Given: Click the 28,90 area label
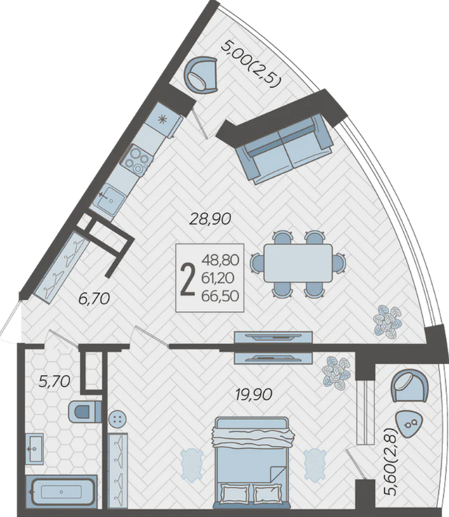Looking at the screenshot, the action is point(210,219).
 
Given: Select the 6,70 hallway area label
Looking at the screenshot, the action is point(94,299).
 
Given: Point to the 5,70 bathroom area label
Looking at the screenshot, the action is point(54,381).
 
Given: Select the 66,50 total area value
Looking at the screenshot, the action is point(221,296).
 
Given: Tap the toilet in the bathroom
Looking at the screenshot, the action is point(85,411).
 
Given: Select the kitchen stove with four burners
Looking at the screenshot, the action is point(137,159).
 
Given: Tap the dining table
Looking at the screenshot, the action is point(298,263).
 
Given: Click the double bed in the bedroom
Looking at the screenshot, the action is point(251,465).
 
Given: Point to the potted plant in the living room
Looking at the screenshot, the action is point(387,321).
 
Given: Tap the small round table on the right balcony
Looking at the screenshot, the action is point(409,424).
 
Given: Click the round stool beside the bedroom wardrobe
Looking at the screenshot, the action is point(118,419).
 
